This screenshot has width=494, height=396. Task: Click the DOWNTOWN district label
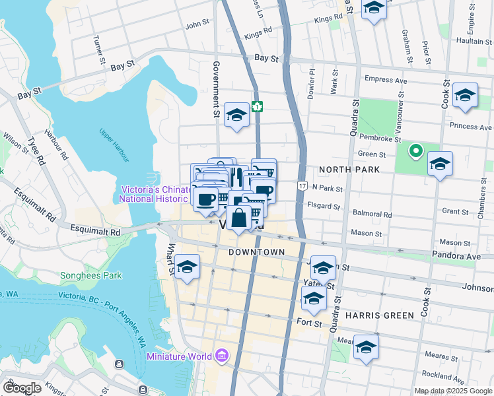click(x=256, y=253)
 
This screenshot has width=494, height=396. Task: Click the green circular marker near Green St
click(x=415, y=152)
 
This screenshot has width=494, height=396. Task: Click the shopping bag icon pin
click(x=238, y=217)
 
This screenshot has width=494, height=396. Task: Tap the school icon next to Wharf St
click(x=188, y=267)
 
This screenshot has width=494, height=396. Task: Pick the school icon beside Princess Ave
click(x=465, y=96)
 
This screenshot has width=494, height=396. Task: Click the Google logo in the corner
click(x=21, y=388)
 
